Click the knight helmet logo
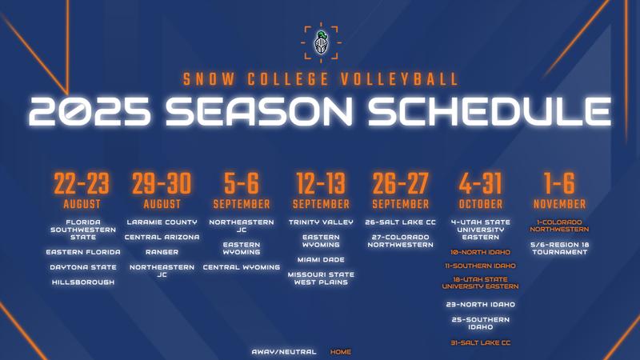(x=322, y=42)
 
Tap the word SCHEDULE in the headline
(x=489, y=111)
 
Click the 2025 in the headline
(x=90, y=111)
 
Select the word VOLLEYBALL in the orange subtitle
(x=399, y=79)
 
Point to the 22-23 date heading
(x=82, y=183)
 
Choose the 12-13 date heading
(x=321, y=183)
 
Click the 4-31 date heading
(x=481, y=183)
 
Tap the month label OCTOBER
(x=481, y=204)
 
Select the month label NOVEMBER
(x=559, y=204)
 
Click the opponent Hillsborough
(x=83, y=282)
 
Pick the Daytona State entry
(x=83, y=267)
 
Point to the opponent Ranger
(x=162, y=252)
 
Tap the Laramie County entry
(x=162, y=222)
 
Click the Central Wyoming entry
(x=242, y=267)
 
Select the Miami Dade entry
(x=321, y=259)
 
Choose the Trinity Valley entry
(x=321, y=222)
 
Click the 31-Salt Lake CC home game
(x=481, y=343)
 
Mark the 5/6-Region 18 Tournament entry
(x=559, y=249)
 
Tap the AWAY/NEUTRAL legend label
(x=284, y=352)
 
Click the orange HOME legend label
(x=341, y=352)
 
